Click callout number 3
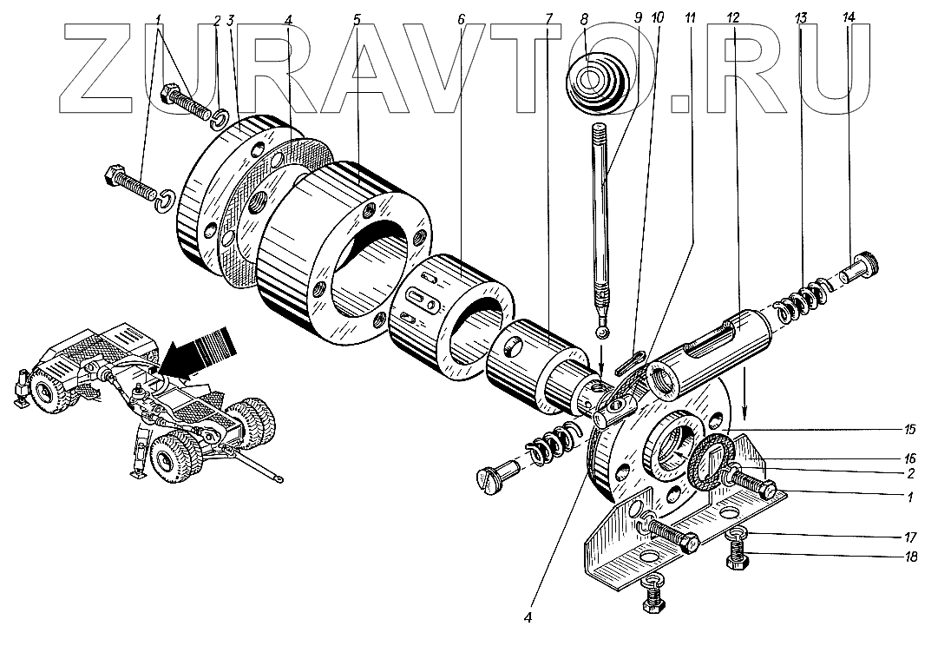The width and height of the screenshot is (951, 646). click(230, 20)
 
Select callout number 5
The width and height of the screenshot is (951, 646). click(356, 18)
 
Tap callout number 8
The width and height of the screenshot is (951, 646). click(584, 18)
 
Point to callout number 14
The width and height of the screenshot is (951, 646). click(847, 18)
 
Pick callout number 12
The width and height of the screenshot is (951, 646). click(733, 18)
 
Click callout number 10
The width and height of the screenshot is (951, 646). click(657, 18)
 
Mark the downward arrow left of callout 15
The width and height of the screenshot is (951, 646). click(744, 396)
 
